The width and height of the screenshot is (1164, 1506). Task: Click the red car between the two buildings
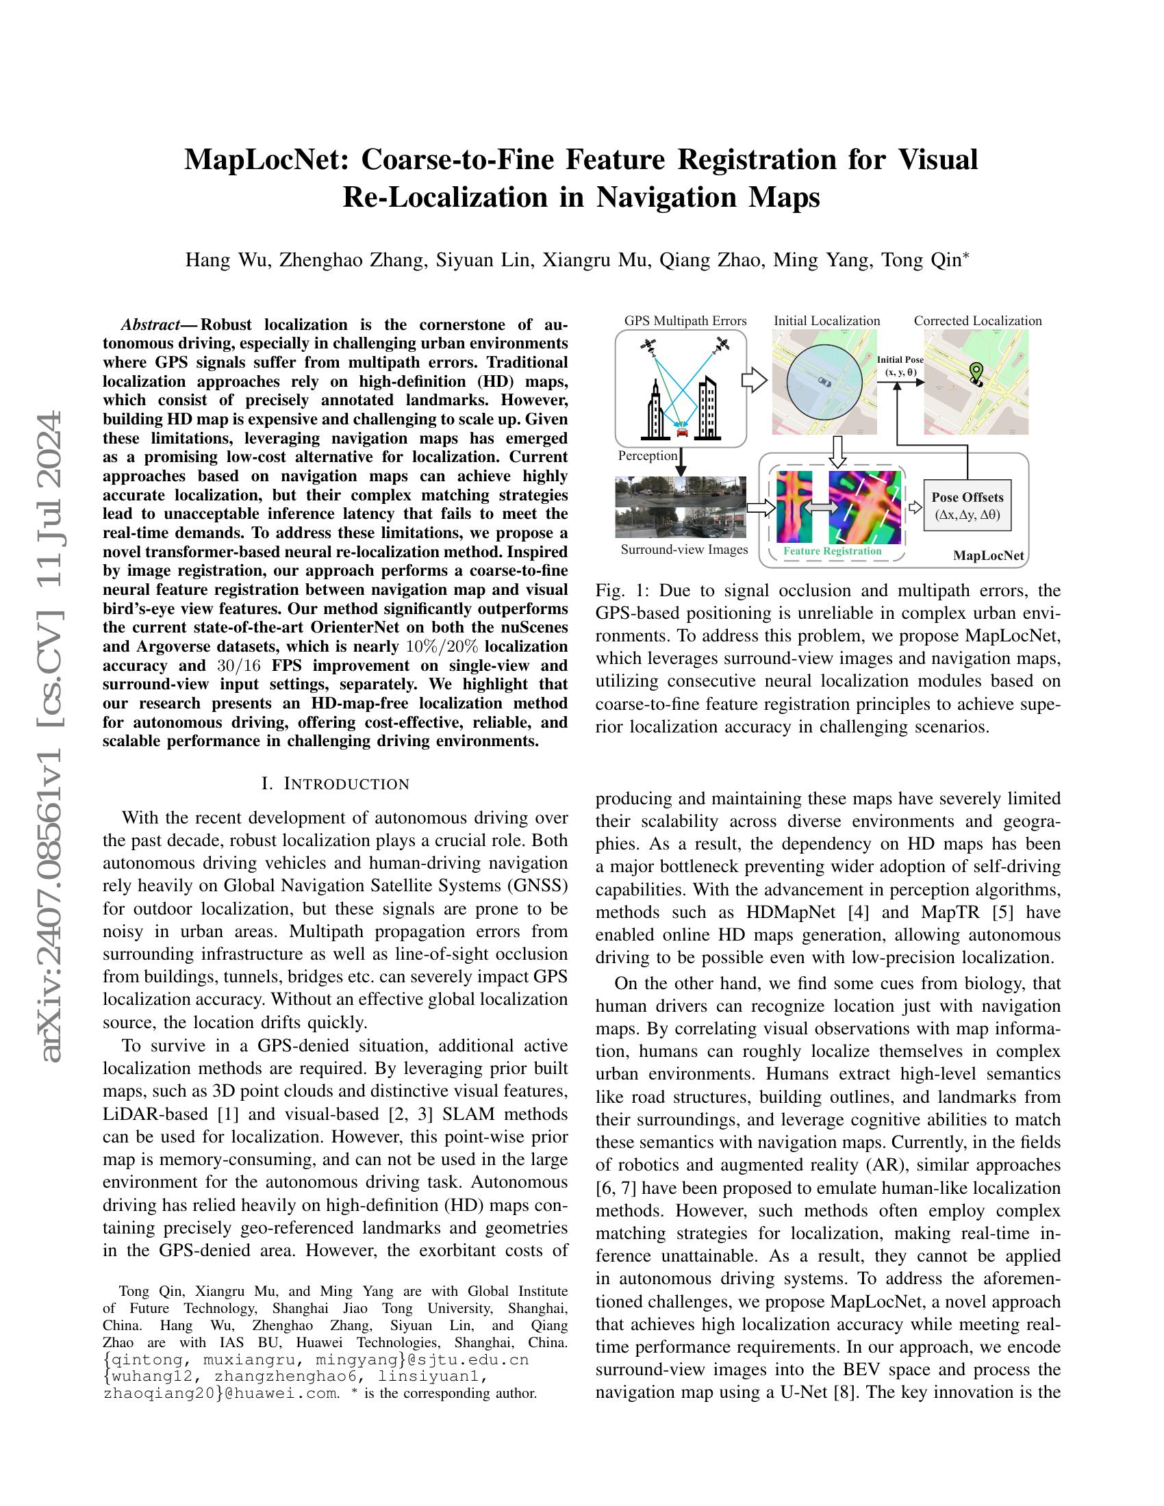682,433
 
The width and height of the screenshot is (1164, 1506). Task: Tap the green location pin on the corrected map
975,372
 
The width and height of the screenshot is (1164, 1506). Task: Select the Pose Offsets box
967,505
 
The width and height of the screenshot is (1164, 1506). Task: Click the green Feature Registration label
833,551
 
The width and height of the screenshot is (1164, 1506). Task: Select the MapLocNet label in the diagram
987,556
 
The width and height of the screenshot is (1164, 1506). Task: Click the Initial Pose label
900,360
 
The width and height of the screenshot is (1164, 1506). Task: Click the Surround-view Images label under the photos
684,550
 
